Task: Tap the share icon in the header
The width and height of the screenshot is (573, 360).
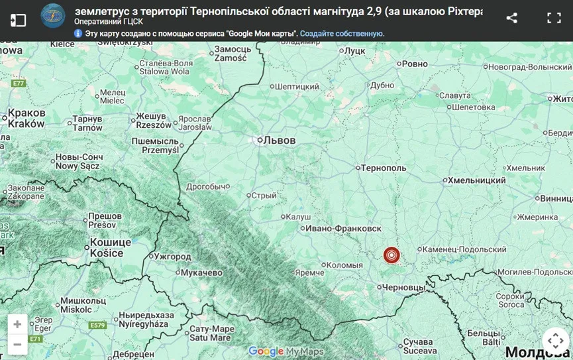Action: [x=511, y=19]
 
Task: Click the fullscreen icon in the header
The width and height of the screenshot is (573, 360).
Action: [x=554, y=19]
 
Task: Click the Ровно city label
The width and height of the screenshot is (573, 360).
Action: [x=415, y=64]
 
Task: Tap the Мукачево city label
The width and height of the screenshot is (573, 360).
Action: [x=203, y=272]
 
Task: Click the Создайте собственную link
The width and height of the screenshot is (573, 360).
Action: [x=342, y=33]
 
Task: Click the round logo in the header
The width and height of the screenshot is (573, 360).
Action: [x=53, y=15]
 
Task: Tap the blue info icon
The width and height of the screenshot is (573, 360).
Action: [x=78, y=33]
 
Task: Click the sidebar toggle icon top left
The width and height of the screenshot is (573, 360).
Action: [x=18, y=20]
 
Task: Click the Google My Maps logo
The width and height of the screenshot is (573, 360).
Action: [x=286, y=351]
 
